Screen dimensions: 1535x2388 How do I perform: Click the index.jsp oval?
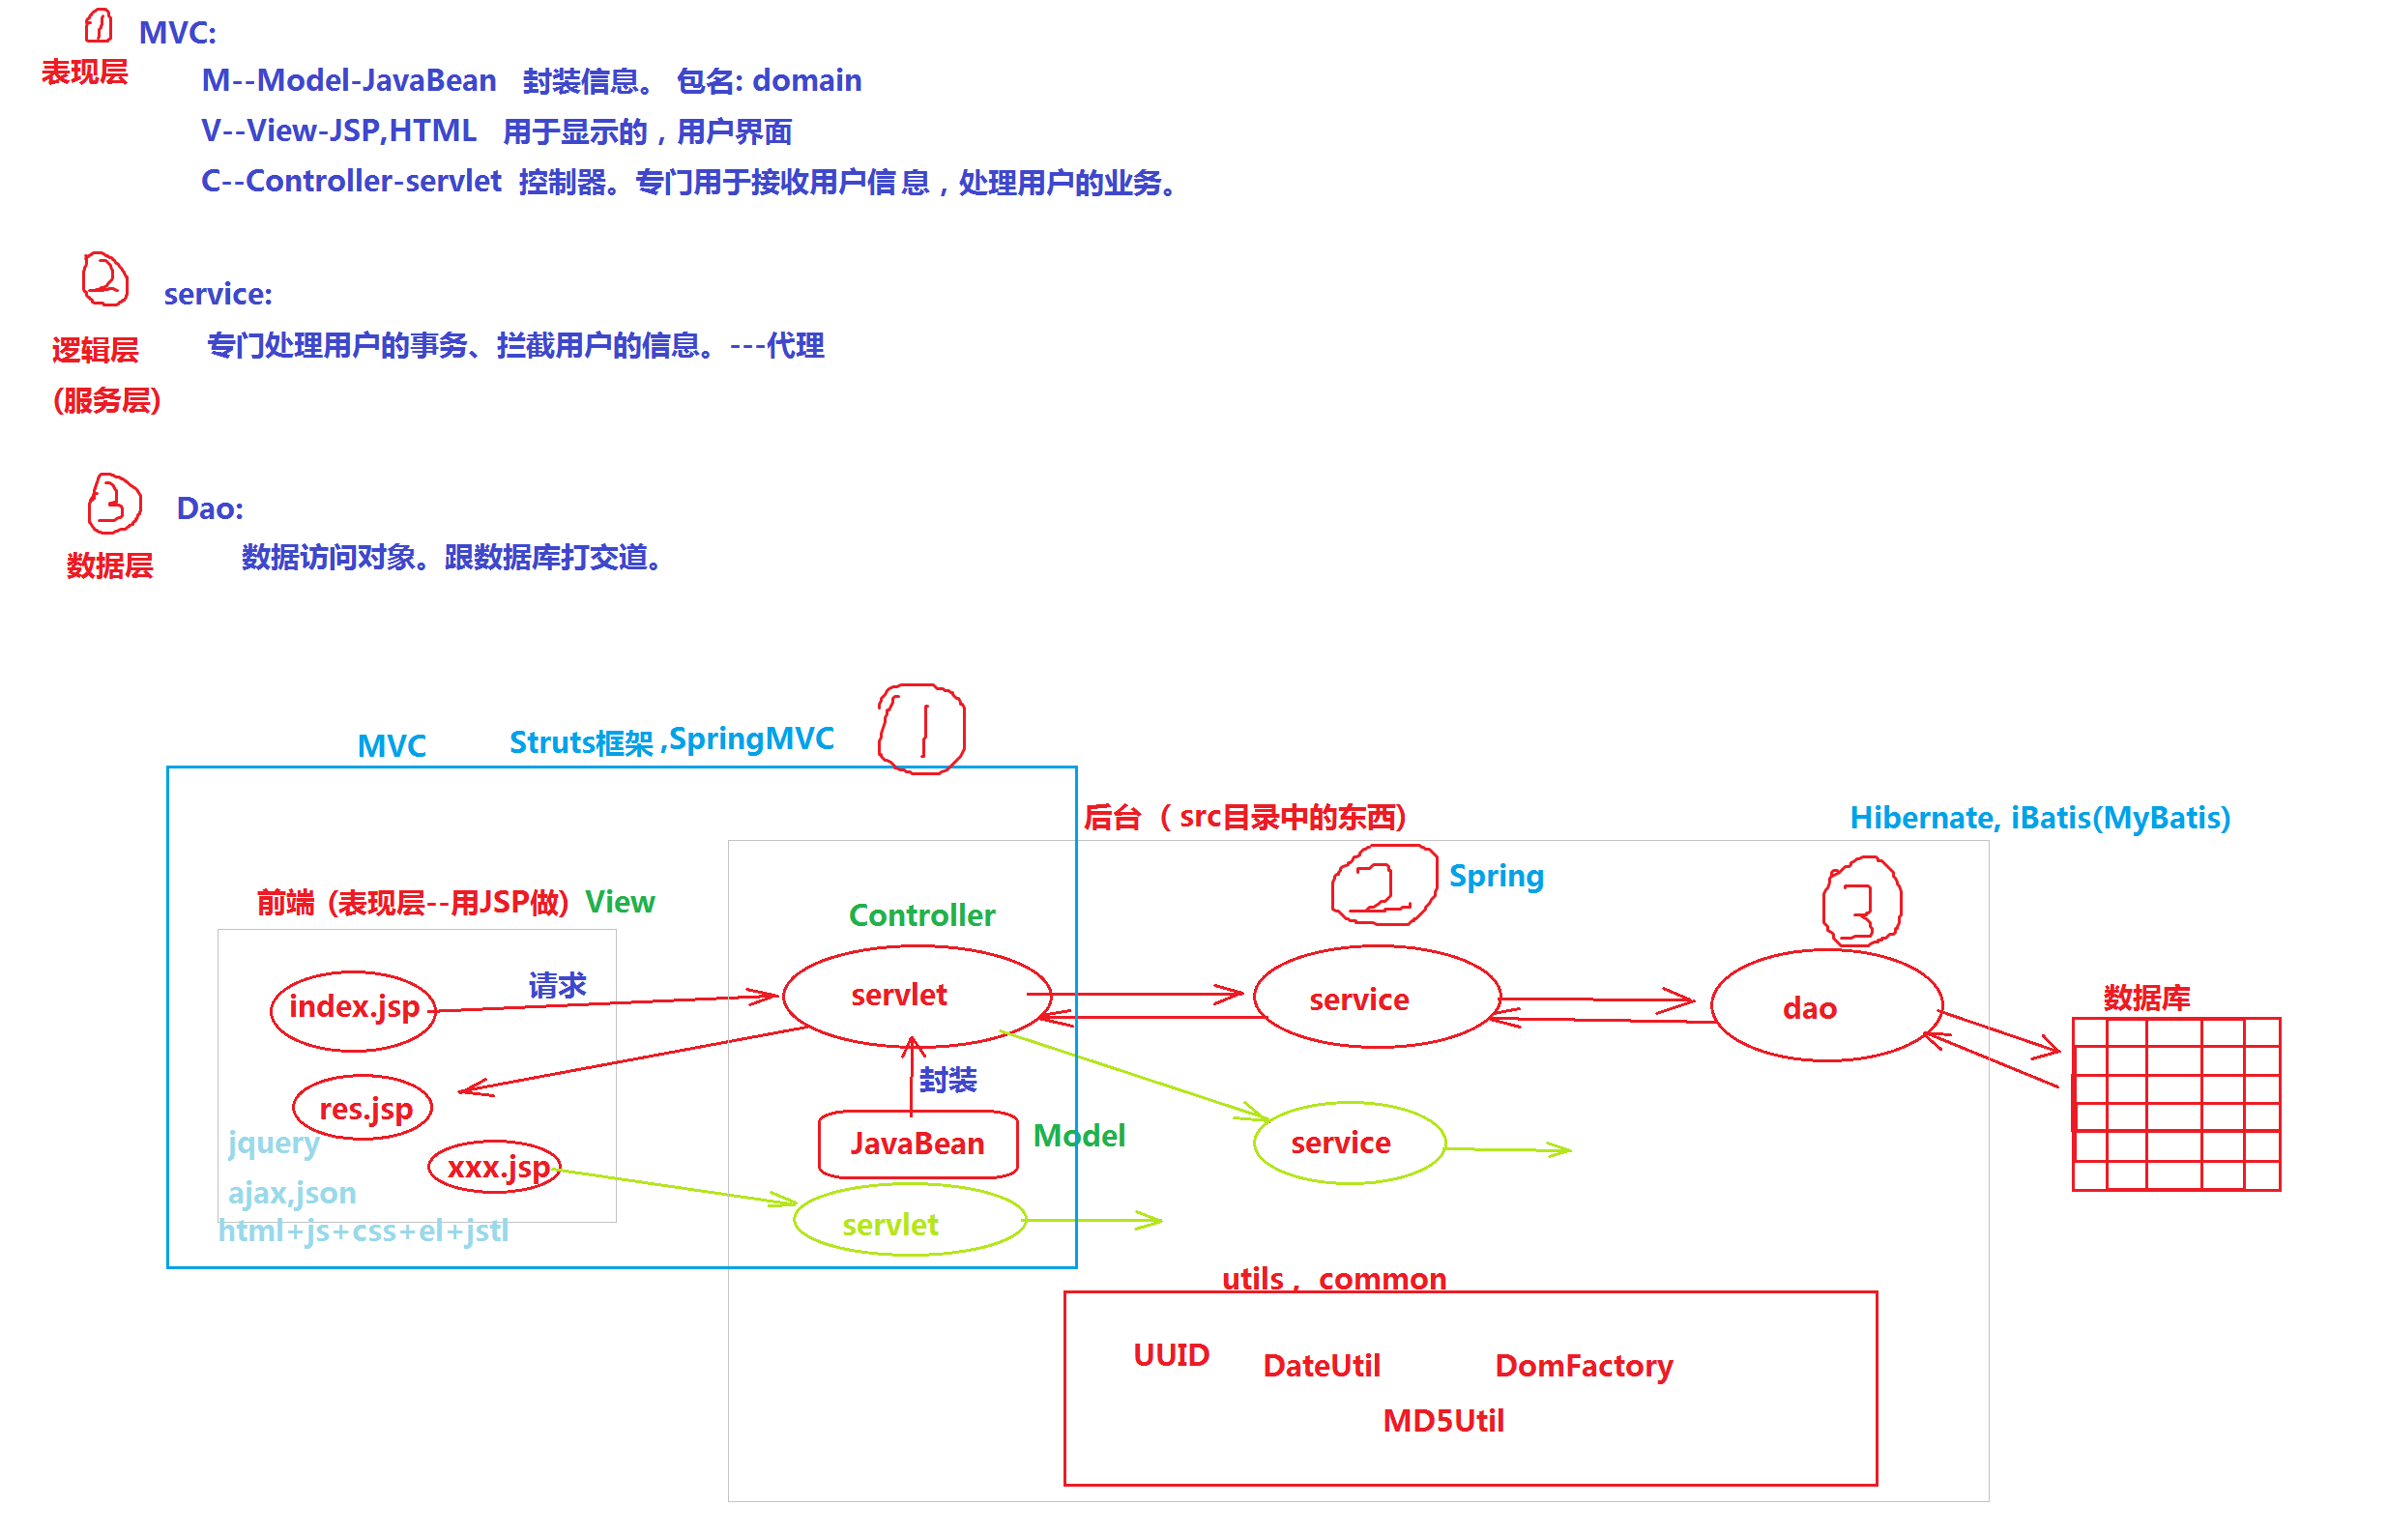tap(353, 1008)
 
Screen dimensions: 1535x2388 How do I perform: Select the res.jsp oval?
tap(363, 1107)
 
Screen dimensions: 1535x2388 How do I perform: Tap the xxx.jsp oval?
tap(495, 1165)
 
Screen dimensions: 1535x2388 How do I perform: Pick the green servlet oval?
tap(909, 1220)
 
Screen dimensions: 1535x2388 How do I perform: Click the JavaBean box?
tap(917, 1144)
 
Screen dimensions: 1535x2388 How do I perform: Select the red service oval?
tap(1377, 998)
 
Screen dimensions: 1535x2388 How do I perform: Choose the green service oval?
tap(1349, 1143)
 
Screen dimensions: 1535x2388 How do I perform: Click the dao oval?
tap(1826, 1006)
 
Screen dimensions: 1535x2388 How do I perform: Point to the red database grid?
tap(2175, 1104)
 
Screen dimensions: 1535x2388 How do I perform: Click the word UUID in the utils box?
tap(1171, 1355)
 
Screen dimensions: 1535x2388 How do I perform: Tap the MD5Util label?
tap(1443, 1420)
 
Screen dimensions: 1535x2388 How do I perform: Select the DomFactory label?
tap(1583, 1366)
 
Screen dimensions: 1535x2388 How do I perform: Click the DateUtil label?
tap(1321, 1366)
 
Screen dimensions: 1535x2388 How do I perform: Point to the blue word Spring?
tap(1495, 876)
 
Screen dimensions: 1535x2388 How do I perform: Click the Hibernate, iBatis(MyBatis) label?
tap(2039, 819)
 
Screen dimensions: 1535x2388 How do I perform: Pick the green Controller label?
tap(921, 915)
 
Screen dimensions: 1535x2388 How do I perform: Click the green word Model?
tap(1078, 1136)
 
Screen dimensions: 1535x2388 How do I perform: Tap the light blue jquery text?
tap(273, 1143)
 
